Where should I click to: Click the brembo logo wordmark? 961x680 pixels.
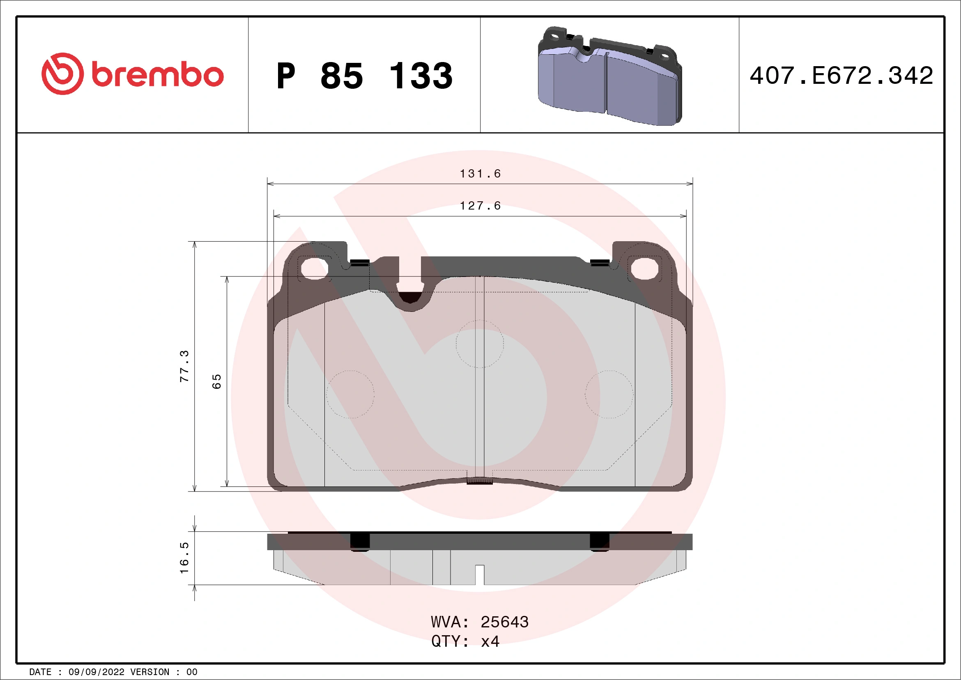pos(157,75)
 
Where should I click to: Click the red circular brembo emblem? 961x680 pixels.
pos(62,74)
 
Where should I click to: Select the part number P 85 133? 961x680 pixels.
pos(364,76)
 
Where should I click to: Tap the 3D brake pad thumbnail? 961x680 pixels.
pos(609,76)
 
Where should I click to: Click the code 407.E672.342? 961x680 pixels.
pos(841,76)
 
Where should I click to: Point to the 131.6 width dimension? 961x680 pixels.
pos(480,173)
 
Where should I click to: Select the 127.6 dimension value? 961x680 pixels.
pos(480,205)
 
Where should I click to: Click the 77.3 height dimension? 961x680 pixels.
pos(184,366)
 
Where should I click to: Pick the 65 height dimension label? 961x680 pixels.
pos(216,381)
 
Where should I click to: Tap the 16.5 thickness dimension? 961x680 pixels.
pos(184,558)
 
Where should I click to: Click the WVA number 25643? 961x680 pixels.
pos(504,622)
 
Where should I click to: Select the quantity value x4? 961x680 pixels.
pos(490,641)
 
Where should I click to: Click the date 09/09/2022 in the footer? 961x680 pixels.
pos(96,672)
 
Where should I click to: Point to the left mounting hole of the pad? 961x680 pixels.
pos(314,268)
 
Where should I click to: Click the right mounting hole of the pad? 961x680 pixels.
pos(645,268)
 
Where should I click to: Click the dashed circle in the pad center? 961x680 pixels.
pos(480,344)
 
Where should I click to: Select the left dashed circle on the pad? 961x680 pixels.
pos(350,394)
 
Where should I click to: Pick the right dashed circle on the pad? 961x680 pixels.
pos(609,394)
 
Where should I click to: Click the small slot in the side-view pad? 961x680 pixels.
pos(480,574)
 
